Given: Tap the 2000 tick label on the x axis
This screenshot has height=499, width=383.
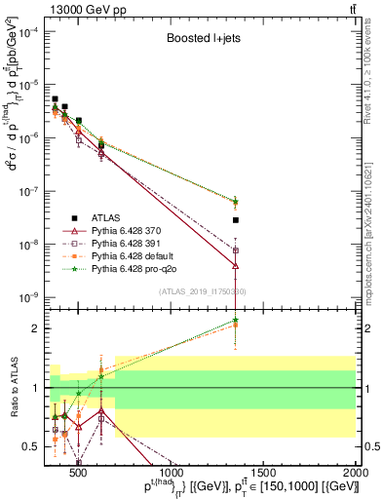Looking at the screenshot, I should (354, 475).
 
